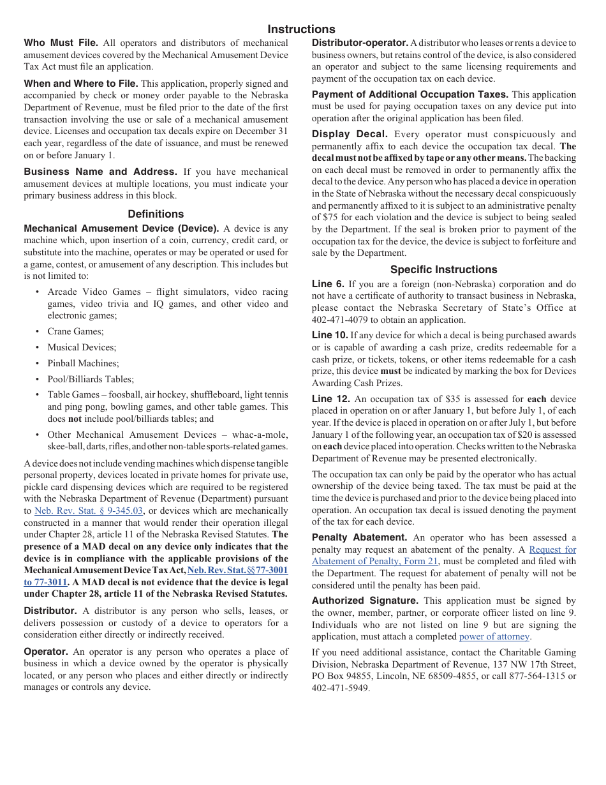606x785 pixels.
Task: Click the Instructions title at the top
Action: tap(301, 29)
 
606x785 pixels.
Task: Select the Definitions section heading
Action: tap(156, 214)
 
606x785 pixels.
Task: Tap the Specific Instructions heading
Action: tap(443, 269)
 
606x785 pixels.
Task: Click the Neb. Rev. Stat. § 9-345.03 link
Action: tap(89, 511)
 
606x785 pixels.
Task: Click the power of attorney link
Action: tap(494, 636)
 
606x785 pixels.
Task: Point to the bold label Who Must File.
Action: tap(61, 43)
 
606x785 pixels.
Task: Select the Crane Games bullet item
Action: tap(75, 331)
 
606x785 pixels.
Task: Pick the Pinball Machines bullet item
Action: tap(83, 363)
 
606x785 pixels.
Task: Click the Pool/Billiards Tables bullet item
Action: tap(91, 379)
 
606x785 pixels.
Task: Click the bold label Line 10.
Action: tap(330, 335)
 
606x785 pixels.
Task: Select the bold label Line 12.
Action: tap(330, 399)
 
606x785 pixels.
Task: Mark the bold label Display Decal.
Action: tap(350, 134)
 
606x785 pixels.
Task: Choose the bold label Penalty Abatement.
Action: tap(359, 537)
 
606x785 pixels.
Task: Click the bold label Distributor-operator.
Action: tap(360, 43)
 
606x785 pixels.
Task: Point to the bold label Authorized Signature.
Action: tap(365, 601)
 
